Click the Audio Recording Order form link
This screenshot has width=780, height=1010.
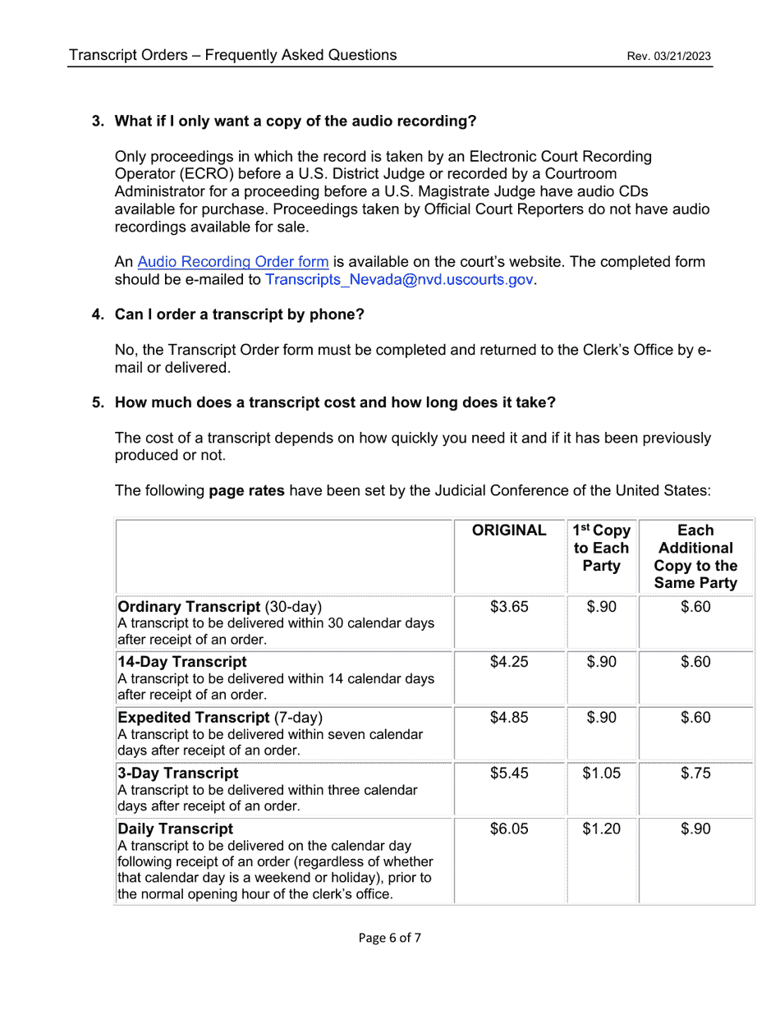pyautogui.click(x=233, y=262)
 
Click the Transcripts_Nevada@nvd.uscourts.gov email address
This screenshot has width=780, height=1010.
pyautogui.click(x=399, y=279)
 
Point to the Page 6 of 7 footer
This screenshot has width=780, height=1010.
pyautogui.click(x=390, y=938)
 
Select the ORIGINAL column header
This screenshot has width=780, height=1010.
pyautogui.click(x=509, y=530)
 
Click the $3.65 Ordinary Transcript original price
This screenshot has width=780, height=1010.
pyautogui.click(x=509, y=608)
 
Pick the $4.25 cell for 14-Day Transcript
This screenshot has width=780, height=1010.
pyautogui.click(x=509, y=663)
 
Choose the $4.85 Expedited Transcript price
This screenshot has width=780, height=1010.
pyautogui.click(x=509, y=718)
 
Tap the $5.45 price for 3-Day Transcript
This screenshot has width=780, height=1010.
pyautogui.click(x=509, y=774)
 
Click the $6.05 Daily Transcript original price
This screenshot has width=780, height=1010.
pyautogui.click(x=509, y=829)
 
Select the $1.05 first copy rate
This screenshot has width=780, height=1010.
pyautogui.click(x=601, y=774)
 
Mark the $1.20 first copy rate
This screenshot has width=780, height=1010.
pyautogui.click(x=601, y=829)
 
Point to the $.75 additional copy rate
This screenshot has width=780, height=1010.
pyautogui.click(x=695, y=774)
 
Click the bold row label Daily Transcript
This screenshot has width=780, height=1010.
pyautogui.click(x=176, y=829)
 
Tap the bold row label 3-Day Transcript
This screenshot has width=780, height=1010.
pyautogui.click(x=178, y=774)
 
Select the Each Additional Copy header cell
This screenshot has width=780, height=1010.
pyautogui.click(x=696, y=557)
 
